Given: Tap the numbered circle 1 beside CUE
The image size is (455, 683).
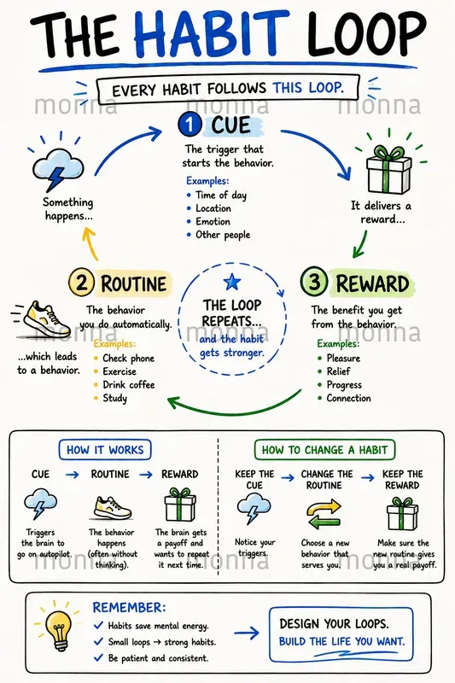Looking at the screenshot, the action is click(x=190, y=125).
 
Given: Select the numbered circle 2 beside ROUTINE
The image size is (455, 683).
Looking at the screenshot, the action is click(x=81, y=283).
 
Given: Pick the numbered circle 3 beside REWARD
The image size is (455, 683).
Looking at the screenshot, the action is click(x=313, y=282).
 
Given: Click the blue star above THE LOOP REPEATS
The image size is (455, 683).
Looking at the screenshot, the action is click(x=232, y=283).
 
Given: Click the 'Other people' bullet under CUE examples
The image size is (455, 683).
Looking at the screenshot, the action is click(x=219, y=235).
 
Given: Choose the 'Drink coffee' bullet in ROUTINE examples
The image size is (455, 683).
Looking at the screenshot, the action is click(x=124, y=385).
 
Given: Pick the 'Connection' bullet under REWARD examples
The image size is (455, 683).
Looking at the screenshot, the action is click(x=344, y=398).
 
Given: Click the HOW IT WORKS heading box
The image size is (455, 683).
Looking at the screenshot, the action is click(x=105, y=450).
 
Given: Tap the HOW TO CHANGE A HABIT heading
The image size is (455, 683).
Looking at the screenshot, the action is click(x=324, y=450).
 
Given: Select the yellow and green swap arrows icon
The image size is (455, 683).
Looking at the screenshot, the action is click(x=324, y=515).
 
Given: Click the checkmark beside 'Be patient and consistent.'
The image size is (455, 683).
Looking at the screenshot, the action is click(x=98, y=657).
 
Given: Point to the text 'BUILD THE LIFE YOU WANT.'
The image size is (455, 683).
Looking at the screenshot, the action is click(x=341, y=642).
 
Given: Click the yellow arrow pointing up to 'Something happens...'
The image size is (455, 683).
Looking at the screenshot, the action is click(x=90, y=244).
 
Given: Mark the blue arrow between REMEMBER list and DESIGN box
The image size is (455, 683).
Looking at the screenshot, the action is click(x=247, y=633).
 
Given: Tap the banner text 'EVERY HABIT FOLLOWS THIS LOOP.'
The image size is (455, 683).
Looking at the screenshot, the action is click(x=228, y=89).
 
